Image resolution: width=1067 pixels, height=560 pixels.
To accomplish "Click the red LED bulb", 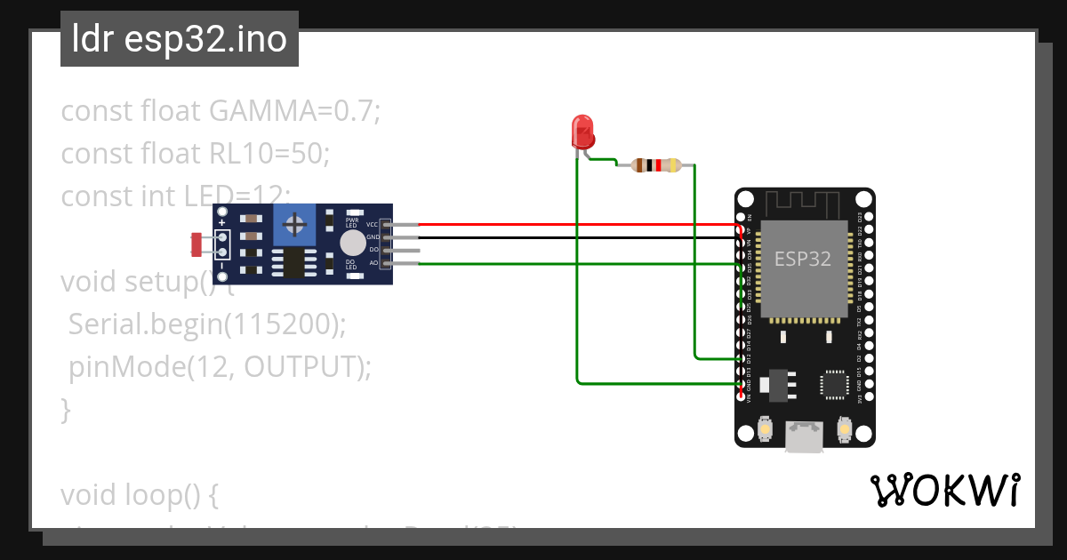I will [582, 131].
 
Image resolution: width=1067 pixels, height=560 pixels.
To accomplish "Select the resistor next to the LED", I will [655, 164].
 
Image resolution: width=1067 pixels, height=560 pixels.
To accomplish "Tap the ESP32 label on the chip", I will [803, 259].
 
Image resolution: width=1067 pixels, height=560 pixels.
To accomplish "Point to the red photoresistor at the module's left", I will [196, 244].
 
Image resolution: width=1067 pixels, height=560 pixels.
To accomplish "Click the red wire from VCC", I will [578, 225].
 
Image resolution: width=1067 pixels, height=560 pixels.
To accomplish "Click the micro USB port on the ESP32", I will [804, 436].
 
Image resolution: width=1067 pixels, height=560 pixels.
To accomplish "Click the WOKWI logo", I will [944, 491].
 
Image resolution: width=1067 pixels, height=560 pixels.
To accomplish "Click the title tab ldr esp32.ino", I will [180, 39].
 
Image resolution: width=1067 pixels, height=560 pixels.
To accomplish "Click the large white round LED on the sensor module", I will [352, 243].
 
